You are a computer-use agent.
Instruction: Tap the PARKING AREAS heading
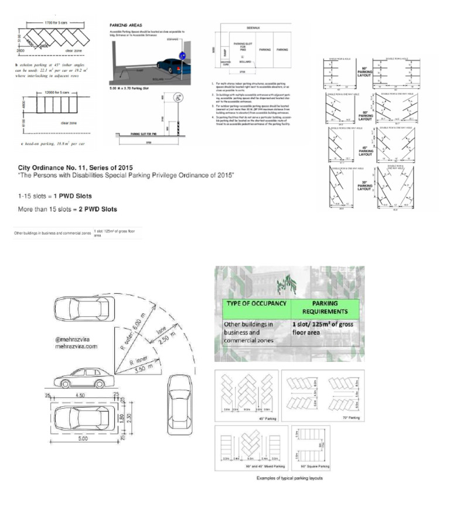click(x=125, y=26)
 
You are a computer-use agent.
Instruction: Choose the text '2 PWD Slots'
click(x=94, y=209)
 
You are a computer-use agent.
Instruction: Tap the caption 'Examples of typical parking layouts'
click(x=289, y=479)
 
